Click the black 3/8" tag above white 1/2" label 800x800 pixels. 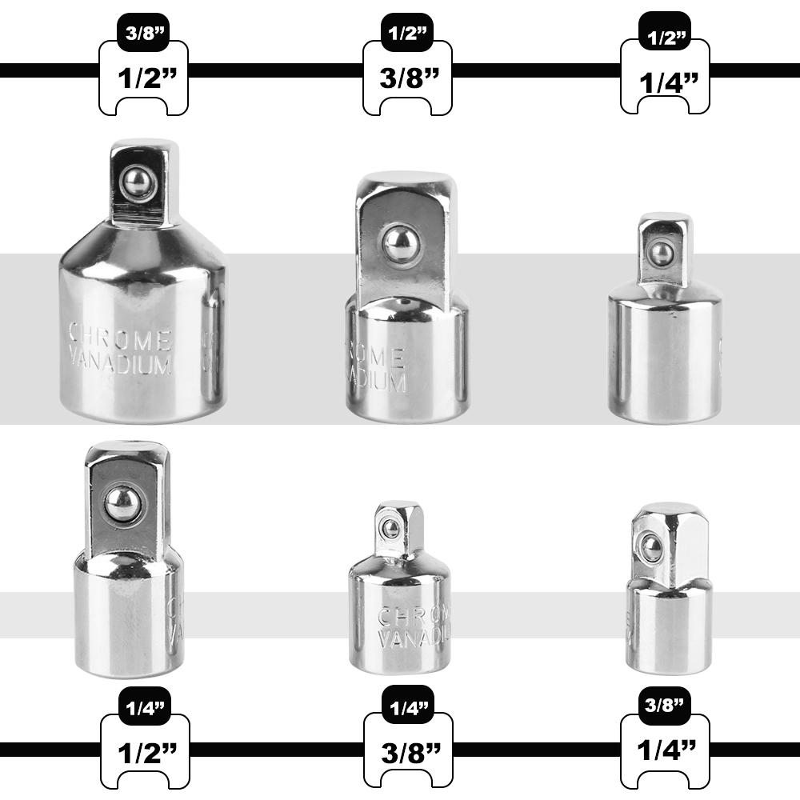143,34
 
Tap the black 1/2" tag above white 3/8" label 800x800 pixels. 407,34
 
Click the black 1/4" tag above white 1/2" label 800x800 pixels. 145,707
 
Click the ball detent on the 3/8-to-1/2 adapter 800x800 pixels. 138,183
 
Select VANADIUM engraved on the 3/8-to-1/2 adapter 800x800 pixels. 120,364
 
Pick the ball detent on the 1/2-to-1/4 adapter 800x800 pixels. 661,254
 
